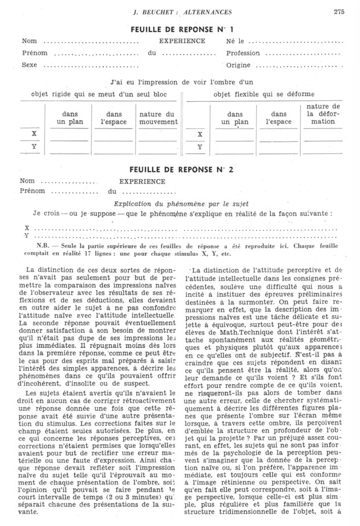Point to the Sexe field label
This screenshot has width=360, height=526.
coord(29,65)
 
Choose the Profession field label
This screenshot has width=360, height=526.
coord(243,53)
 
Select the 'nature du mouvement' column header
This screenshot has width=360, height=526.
coord(158,118)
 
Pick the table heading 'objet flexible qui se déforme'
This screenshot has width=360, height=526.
coord(264,94)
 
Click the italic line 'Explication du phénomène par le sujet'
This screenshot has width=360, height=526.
coord(181,203)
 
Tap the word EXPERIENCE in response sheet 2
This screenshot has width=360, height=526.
coord(142,181)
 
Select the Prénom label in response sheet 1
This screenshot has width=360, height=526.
coord(34,53)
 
